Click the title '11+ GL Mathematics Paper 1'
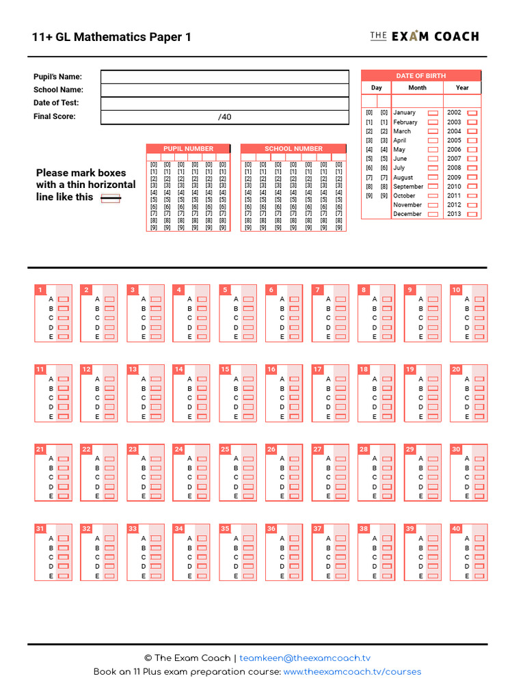tap(111, 37)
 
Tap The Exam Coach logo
tap(424, 36)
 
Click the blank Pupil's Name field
tap(224, 77)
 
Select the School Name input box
tap(224, 90)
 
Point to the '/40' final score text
tap(225, 117)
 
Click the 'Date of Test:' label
tap(56, 103)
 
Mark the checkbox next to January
tap(433, 113)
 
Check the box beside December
tap(433, 214)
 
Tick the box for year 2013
tap(472, 214)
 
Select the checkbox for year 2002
tap(472, 113)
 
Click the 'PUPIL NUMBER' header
tap(188, 148)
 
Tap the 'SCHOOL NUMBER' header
tap(293, 148)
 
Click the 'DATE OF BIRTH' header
tap(420, 75)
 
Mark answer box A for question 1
tap(64, 299)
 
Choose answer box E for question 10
tap(480, 337)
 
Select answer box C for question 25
tap(249, 477)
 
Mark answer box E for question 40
tap(480, 576)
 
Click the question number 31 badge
tap(40, 529)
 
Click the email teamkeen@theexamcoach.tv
tap(305, 658)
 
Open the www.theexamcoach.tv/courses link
tap(352, 672)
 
